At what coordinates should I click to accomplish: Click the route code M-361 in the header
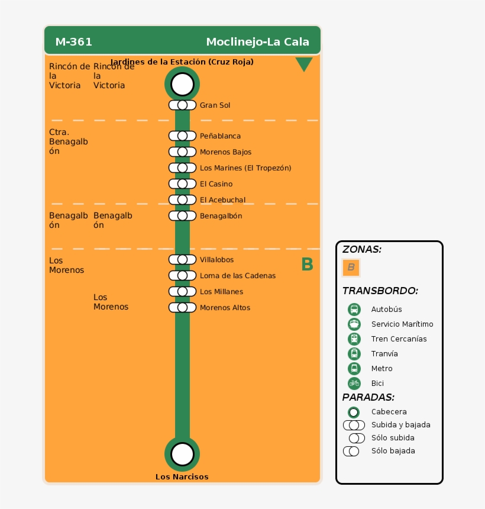[73, 42]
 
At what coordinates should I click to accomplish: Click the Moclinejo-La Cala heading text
[257, 42]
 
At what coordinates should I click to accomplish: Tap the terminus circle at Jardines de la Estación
[182, 84]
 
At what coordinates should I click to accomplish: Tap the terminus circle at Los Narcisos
[182, 454]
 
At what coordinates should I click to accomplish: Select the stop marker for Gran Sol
[182, 105]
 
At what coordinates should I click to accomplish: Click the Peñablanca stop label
[220, 136]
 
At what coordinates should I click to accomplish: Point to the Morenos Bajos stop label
[225, 152]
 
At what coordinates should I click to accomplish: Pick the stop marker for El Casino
[182, 184]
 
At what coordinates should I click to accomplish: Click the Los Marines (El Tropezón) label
[245, 168]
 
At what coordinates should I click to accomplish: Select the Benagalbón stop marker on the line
[182, 216]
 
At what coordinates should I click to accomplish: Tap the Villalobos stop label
[216, 260]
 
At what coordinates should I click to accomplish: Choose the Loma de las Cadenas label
[238, 276]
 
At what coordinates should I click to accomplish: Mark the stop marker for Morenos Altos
[182, 308]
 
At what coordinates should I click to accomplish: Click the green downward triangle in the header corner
[303, 64]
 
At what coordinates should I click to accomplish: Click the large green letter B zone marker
[307, 265]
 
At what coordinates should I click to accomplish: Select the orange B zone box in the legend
[351, 268]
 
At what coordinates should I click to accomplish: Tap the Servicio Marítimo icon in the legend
[354, 324]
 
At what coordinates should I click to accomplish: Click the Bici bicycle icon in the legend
[354, 384]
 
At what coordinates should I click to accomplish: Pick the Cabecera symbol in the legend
[354, 412]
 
